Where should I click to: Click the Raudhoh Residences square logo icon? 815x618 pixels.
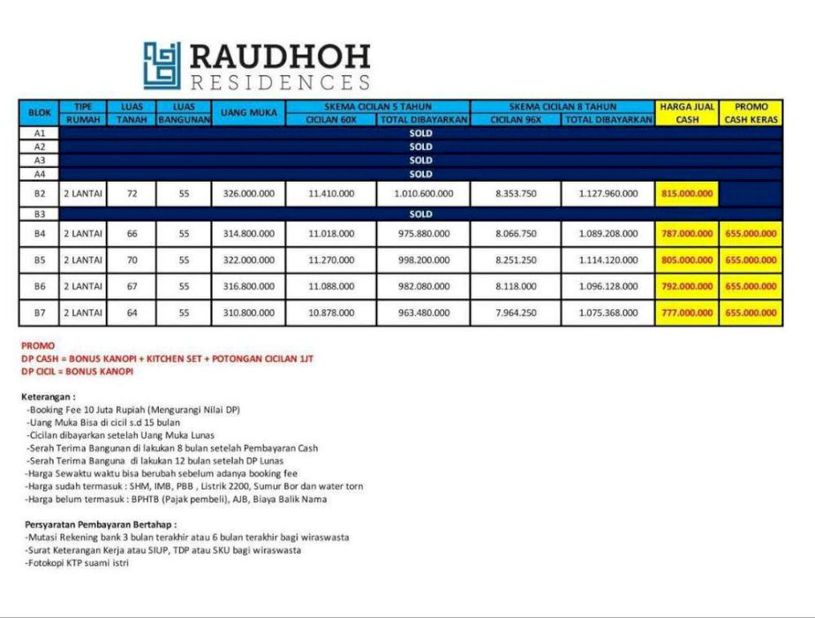click(x=162, y=66)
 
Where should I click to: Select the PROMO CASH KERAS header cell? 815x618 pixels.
click(x=751, y=113)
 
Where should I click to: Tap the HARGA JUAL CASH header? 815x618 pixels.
click(x=687, y=113)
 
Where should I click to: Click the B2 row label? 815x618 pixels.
click(x=39, y=193)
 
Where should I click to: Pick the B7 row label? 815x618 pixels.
click(x=39, y=313)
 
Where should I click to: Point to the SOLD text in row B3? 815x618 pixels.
click(x=420, y=215)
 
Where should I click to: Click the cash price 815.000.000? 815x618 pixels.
click(x=687, y=193)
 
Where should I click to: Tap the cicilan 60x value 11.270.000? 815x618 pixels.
click(x=331, y=260)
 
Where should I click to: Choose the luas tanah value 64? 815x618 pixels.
click(x=132, y=313)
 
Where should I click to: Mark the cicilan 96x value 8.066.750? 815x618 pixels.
click(x=516, y=234)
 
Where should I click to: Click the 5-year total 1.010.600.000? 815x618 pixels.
click(x=424, y=193)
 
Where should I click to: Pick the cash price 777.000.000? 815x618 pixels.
click(x=687, y=313)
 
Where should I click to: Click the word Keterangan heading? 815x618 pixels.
click(x=49, y=397)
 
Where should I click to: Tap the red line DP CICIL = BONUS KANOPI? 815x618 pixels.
click(x=78, y=372)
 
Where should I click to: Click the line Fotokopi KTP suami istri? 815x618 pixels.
click(x=78, y=562)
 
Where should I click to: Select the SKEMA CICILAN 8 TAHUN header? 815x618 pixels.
click(x=562, y=106)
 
